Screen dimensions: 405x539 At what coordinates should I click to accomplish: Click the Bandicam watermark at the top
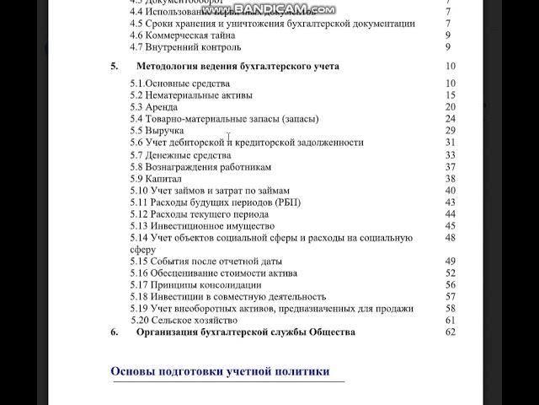click(269, 10)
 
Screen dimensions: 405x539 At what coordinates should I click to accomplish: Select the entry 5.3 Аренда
click(155, 107)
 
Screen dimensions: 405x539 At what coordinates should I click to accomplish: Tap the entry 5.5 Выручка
click(157, 131)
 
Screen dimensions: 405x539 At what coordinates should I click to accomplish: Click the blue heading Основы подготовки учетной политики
click(220, 372)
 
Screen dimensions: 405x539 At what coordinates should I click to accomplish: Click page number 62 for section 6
click(450, 332)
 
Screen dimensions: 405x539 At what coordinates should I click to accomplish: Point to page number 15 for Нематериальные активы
click(450, 95)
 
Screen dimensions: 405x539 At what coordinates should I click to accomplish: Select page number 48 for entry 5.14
click(450, 238)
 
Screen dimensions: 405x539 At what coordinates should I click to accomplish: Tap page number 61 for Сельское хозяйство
click(450, 321)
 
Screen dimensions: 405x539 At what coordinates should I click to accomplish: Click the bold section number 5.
click(115, 67)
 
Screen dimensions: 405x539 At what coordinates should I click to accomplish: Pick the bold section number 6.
click(115, 332)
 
